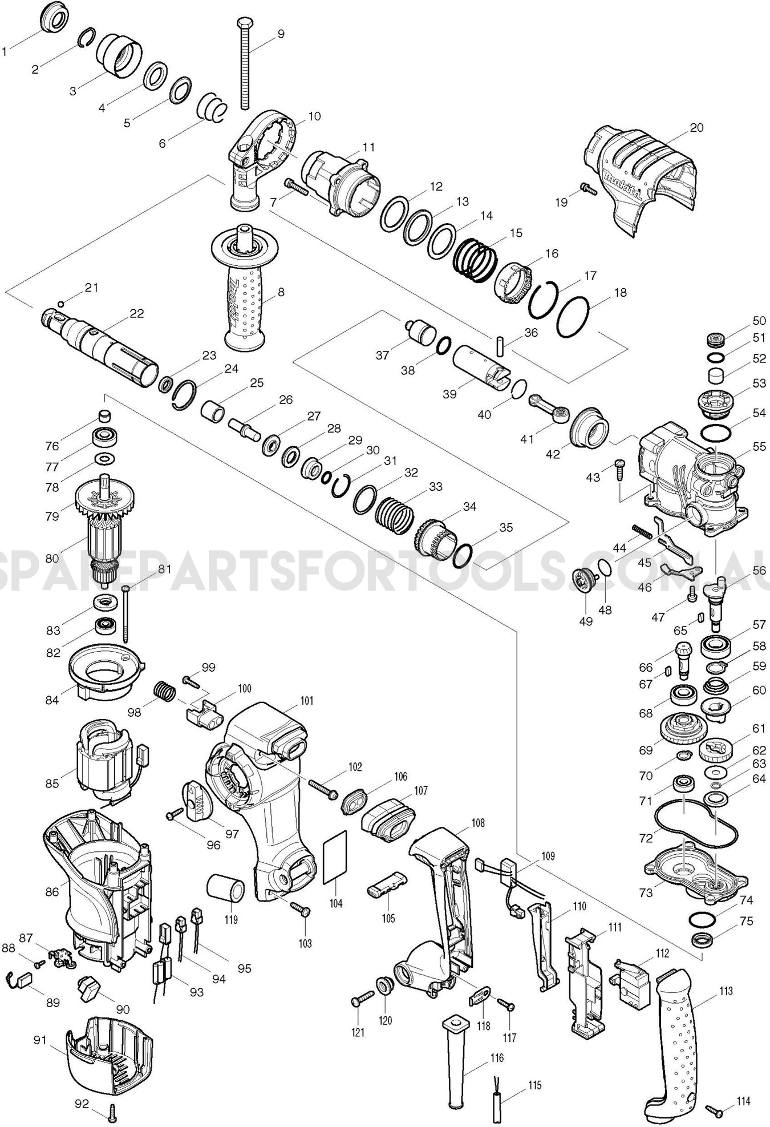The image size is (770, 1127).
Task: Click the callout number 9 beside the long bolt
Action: (281, 34)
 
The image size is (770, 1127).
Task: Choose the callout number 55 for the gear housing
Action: (759, 447)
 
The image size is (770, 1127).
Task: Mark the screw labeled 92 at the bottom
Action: (111, 1109)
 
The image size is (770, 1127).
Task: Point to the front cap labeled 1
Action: (54, 19)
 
